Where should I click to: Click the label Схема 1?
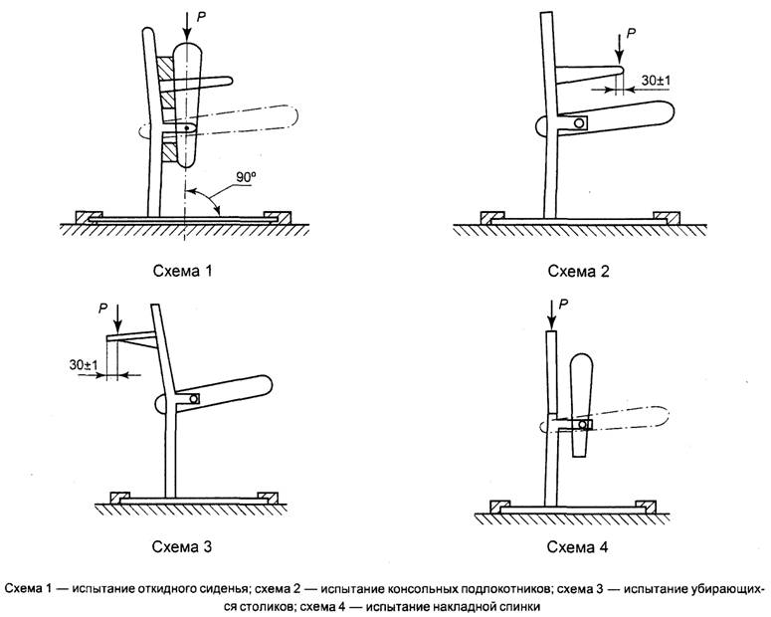(181, 270)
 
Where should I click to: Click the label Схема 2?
(576, 270)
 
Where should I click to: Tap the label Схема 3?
(181, 546)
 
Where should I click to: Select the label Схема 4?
(576, 546)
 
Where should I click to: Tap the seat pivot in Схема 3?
(193, 399)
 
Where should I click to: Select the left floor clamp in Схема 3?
(119, 496)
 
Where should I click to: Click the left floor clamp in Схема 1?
(90, 216)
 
